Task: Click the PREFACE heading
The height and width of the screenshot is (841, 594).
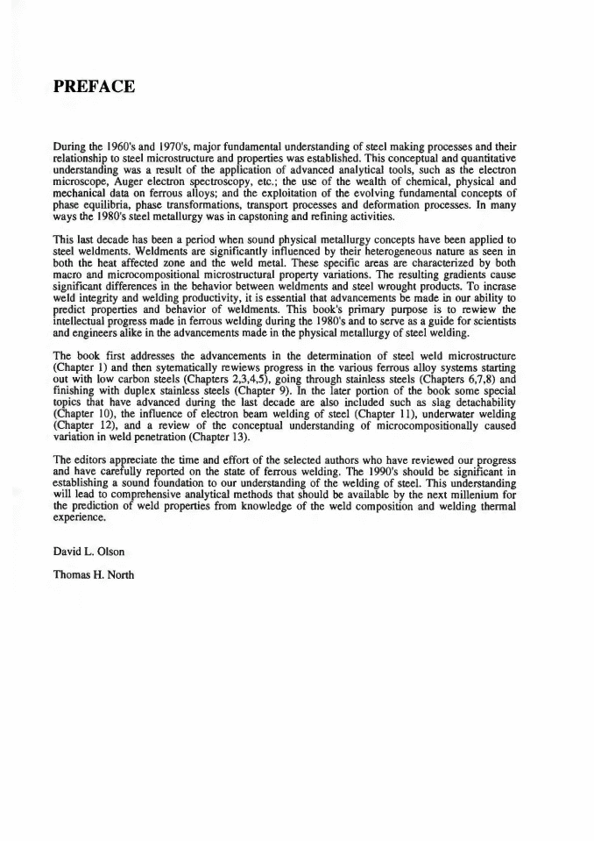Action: click(94, 86)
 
